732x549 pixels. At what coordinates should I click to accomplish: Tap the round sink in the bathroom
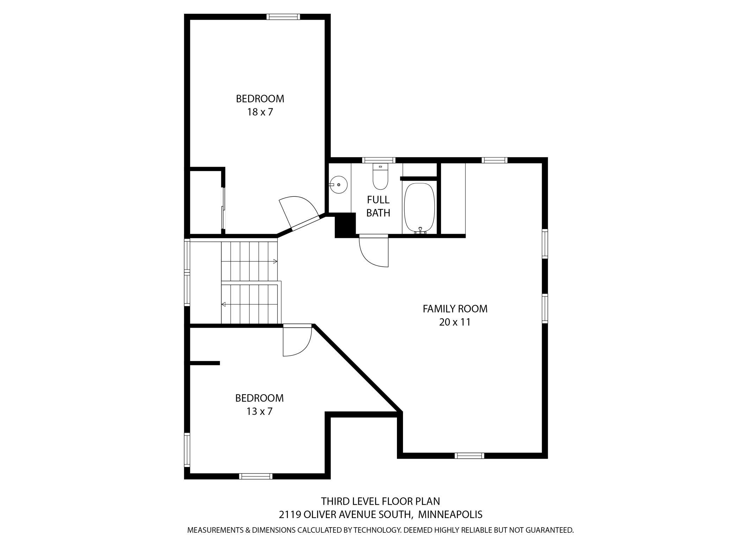pos(338,184)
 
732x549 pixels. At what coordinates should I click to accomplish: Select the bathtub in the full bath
pos(419,208)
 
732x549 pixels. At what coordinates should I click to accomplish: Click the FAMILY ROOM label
pos(455,309)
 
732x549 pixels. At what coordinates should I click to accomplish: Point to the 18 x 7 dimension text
pos(260,112)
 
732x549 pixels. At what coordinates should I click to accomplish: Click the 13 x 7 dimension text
pos(260,411)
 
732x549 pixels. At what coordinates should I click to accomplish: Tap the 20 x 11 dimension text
pos(455,322)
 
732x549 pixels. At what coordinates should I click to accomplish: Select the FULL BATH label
pos(378,206)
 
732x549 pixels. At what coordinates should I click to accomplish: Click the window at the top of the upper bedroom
pos(283,17)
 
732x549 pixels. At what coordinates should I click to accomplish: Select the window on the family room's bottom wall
pos(469,456)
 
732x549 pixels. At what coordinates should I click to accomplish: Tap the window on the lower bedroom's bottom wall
pos(256,476)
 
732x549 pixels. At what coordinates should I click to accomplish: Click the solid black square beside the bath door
pos(345,226)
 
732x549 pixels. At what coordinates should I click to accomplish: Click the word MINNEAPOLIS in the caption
pos(450,515)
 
